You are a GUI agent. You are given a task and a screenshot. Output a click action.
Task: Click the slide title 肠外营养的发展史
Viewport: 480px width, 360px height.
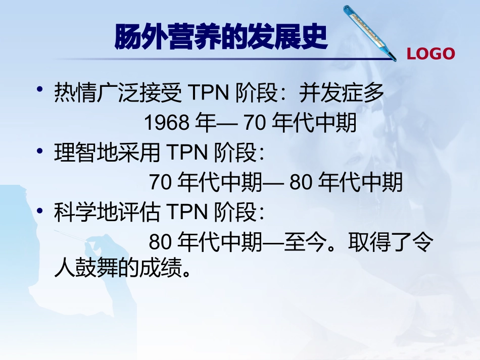coord(221,38)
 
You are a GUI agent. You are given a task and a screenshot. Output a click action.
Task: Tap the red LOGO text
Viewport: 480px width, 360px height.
coord(430,54)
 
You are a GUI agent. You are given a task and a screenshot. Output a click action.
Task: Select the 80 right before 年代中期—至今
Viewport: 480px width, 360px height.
coord(161,243)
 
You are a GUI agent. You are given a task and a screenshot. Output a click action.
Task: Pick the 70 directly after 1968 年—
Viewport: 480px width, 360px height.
coord(255,123)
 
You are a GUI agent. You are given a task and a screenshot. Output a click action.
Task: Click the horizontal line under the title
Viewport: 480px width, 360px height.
coord(222,60)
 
